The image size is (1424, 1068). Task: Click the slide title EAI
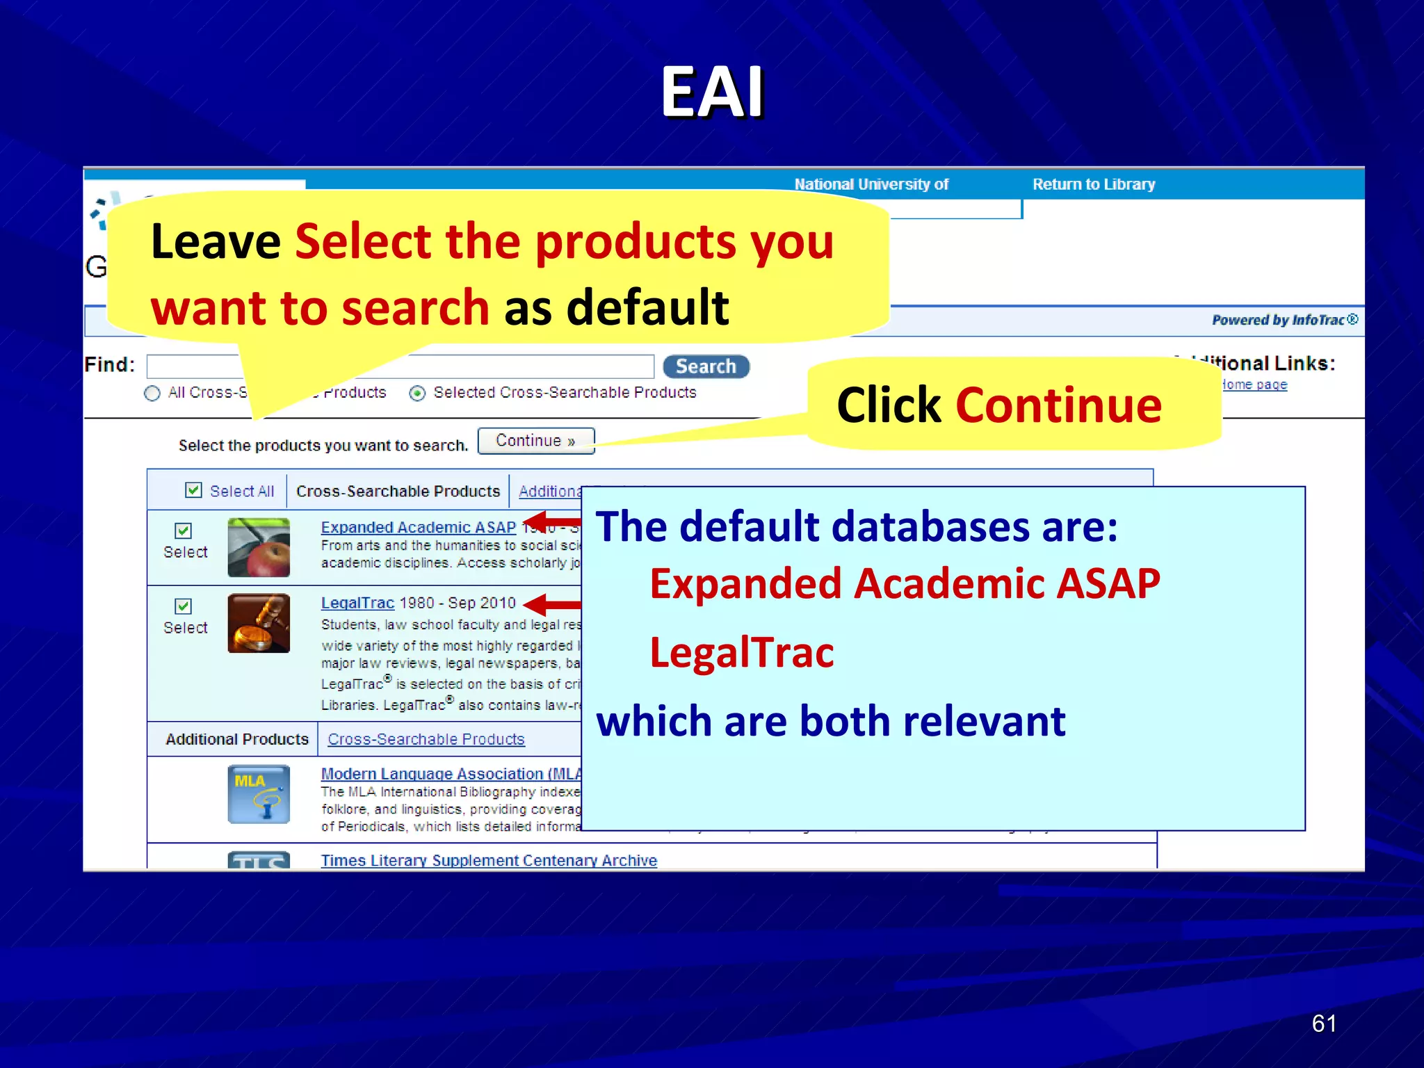[x=712, y=92]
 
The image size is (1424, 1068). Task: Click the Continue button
[x=535, y=441]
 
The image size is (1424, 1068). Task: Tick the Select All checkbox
[x=193, y=490]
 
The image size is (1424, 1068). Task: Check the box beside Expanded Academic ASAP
[x=183, y=531]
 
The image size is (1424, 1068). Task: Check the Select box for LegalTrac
[x=183, y=606]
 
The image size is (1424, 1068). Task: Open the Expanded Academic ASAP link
[x=418, y=527]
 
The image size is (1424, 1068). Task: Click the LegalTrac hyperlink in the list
[x=357, y=603]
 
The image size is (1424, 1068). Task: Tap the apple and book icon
[x=259, y=547]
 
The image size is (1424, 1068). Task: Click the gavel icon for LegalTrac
[x=259, y=623]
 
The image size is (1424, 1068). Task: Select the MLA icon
[x=259, y=794]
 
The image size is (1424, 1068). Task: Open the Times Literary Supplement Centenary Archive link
[x=488, y=860]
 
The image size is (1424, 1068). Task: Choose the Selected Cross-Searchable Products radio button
[x=417, y=394]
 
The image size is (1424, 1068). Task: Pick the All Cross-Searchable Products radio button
[x=152, y=394]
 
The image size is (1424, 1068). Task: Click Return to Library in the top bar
[x=1093, y=184]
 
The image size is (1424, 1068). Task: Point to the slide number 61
[x=1323, y=1023]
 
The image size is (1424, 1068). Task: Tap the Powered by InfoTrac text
[x=1284, y=320]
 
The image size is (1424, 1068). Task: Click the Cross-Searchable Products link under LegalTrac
[x=426, y=739]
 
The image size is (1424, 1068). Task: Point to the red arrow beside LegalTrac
[x=552, y=604]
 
